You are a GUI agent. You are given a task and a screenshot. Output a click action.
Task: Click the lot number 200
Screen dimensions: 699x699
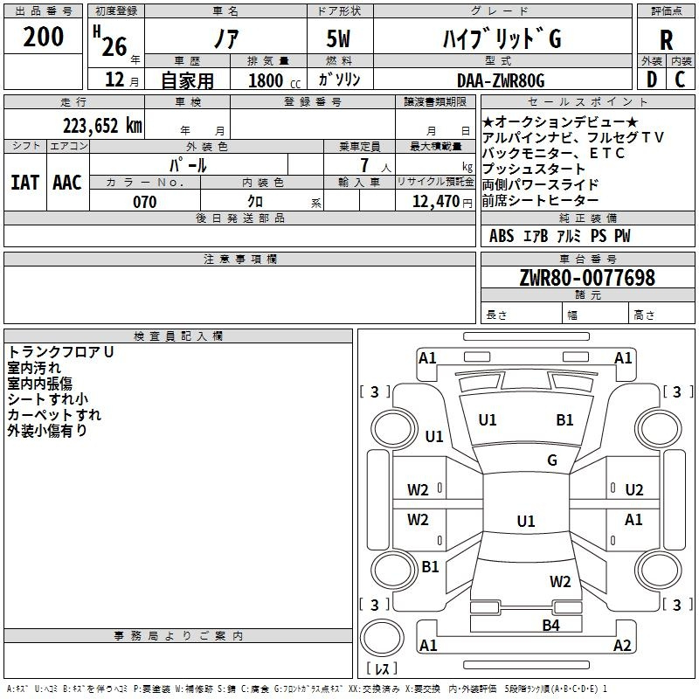coord(43,37)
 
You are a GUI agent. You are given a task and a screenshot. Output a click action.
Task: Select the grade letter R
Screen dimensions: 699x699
coord(666,40)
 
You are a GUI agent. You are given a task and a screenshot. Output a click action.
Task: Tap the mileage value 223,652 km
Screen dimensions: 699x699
coord(102,126)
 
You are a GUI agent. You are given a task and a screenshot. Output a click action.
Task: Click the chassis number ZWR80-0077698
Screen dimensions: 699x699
coord(587,278)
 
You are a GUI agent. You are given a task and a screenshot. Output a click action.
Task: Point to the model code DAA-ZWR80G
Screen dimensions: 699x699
coord(501,80)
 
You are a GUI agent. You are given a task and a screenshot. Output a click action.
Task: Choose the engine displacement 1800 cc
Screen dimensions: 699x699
coord(274,80)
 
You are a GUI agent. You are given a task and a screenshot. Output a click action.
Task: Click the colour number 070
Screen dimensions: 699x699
coord(144,202)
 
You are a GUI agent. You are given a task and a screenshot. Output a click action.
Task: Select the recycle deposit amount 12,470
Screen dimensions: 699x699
coord(435,202)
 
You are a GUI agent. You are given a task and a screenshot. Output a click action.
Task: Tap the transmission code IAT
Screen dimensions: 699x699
coord(24,183)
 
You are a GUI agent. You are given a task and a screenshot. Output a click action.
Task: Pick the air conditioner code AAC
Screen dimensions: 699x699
coord(67,183)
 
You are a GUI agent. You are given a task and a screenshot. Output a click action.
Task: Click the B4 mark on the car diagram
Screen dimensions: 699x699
coord(550,626)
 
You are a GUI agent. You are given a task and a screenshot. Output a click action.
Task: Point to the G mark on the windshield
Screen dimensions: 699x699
coord(552,460)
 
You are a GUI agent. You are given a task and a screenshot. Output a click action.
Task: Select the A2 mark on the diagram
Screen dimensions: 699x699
coord(622,645)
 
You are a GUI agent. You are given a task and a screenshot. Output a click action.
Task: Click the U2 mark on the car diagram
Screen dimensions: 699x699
coord(634,490)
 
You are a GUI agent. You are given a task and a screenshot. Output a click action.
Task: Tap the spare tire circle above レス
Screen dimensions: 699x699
coord(382,637)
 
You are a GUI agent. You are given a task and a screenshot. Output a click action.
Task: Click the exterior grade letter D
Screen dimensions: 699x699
coord(652,80)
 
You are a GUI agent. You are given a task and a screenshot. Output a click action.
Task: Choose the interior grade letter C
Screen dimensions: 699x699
coord(680,80)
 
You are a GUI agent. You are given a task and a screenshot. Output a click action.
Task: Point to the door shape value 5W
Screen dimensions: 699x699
coord(338,38)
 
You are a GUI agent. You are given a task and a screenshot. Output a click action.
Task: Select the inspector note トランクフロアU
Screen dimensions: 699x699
coord(60,352)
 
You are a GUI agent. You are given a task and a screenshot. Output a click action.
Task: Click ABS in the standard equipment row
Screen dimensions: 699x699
coord(502,236)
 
